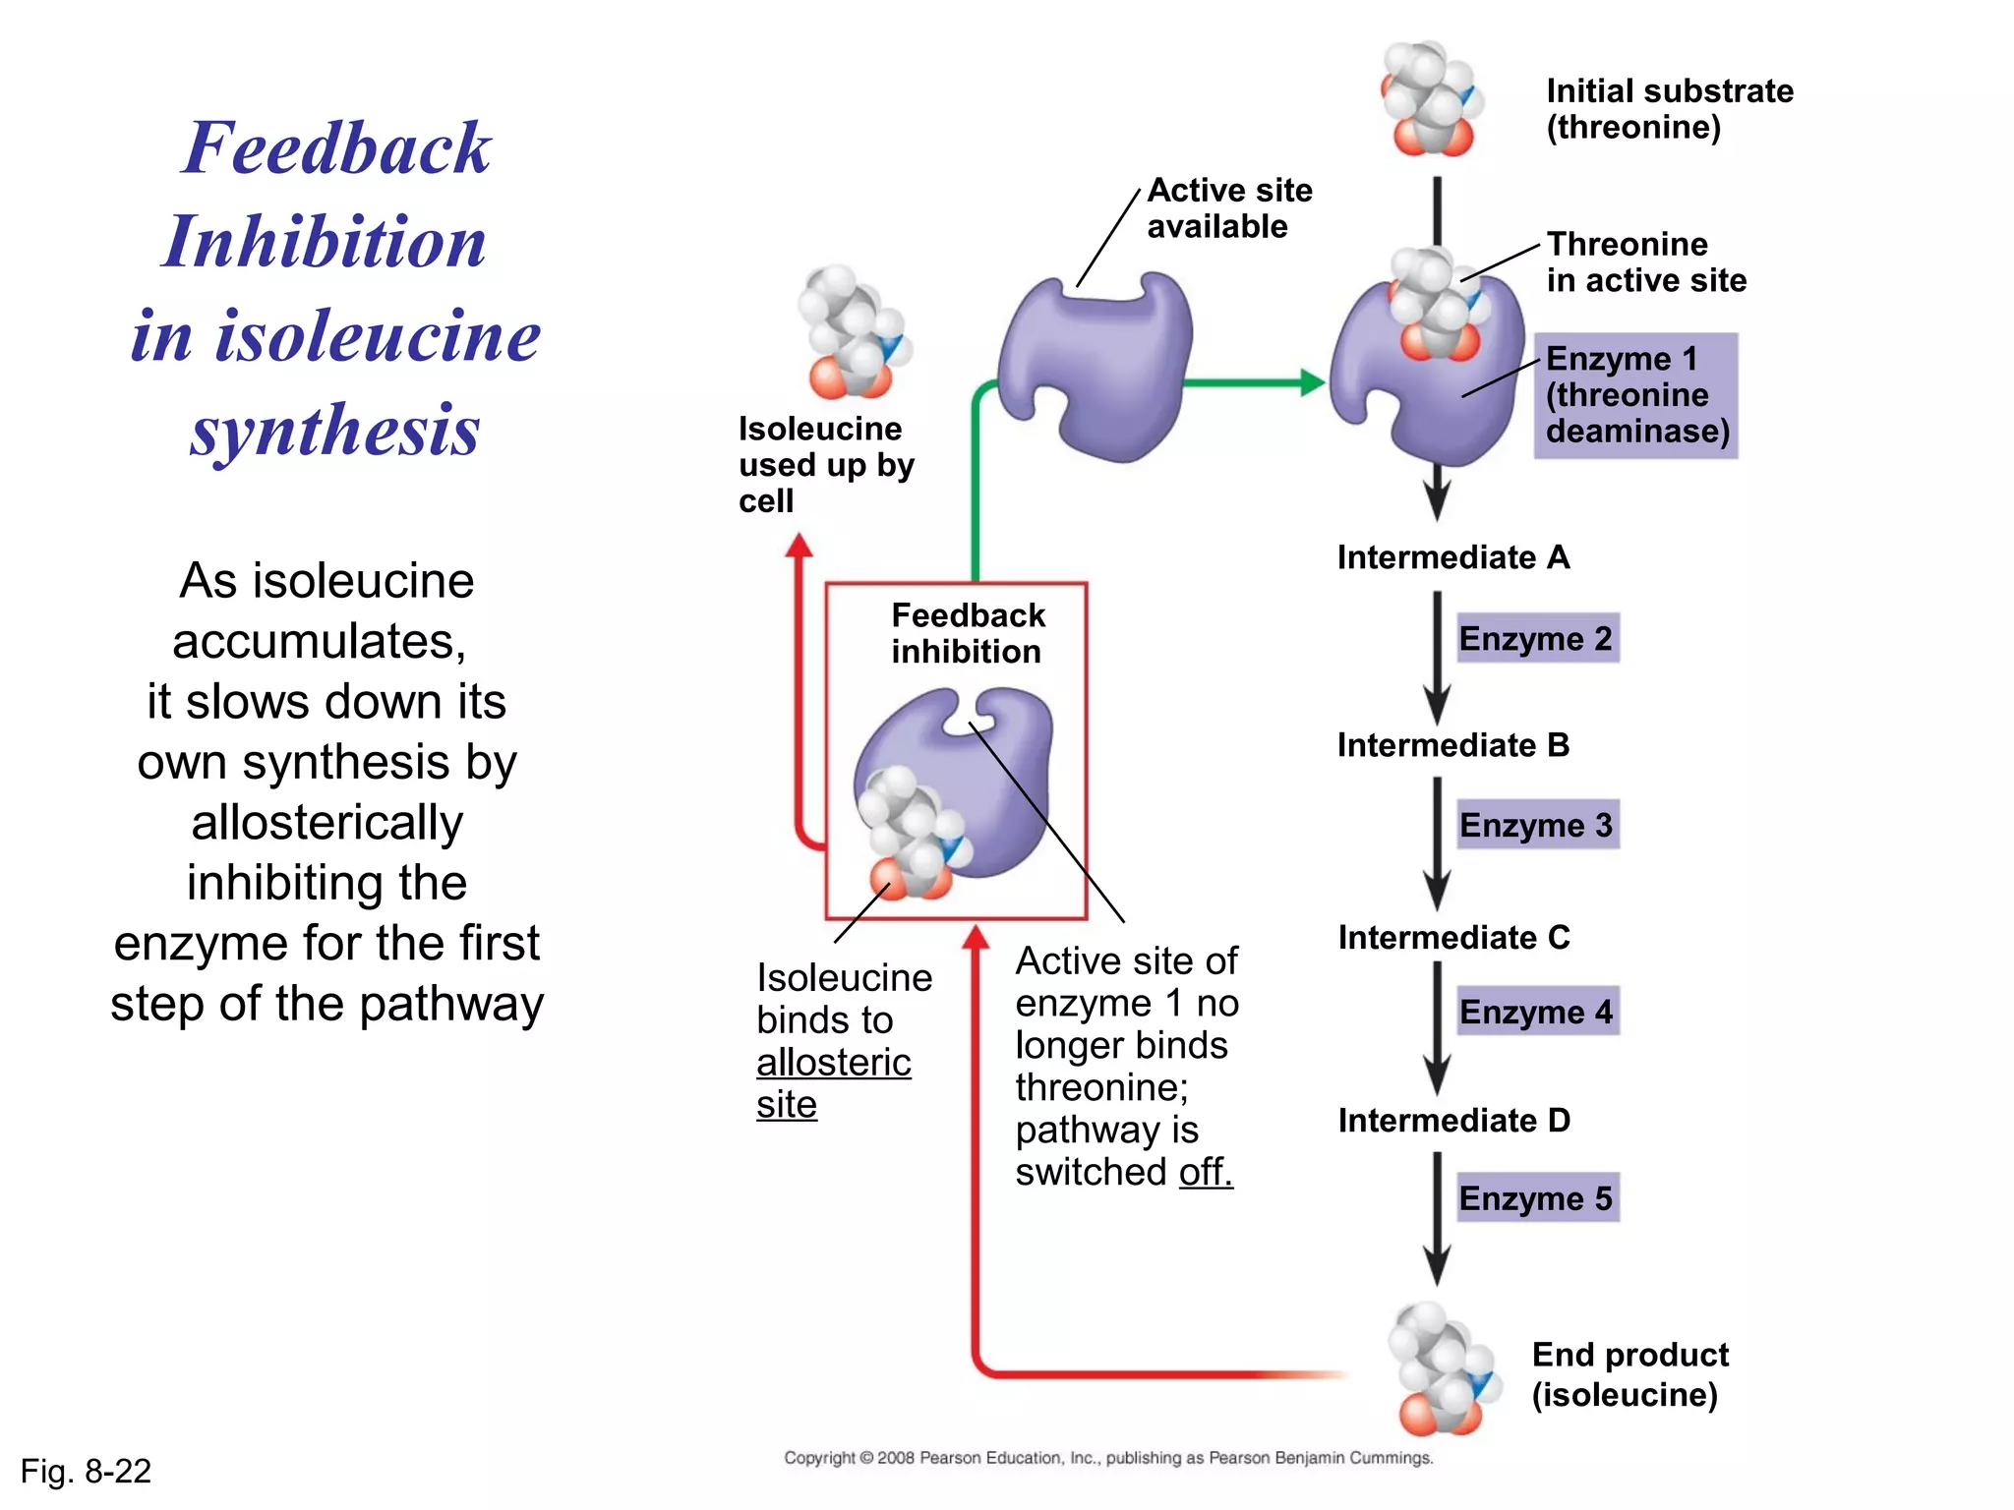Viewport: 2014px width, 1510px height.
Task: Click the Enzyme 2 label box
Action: pyautogui.click(x=1536, y=639)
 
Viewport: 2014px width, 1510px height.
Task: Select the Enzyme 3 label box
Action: pyautogui.click(x=1536, y=825)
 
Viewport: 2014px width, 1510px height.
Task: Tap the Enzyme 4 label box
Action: pyautogui.click(x=1536, y=1012)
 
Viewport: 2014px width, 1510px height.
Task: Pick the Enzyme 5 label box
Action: pyautogui.click(x=1536, y=1198)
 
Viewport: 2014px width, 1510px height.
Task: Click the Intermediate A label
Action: pyautogui.click(x=1452, y=557)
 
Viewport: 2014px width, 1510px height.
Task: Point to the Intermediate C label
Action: pyautogui.click(x=1453, y=938)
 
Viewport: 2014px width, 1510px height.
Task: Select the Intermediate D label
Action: pyautogui.click(x=1453, y=1121)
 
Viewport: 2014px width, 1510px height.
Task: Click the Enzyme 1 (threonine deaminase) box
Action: pyautogui.click(x=1636, y=395)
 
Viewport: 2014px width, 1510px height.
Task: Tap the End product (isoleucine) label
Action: pyautogui.click(x=1629, y=1374)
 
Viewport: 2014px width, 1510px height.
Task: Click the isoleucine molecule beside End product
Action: pyautogui.click(x=1442, y=1369)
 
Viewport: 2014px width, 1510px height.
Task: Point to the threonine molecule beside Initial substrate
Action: pyautogui.click(x=1431, y=99)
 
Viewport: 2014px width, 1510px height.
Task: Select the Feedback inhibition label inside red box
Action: pyautogui.click(x=968, y=633)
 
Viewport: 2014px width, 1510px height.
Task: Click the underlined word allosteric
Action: pyautogui.click(x=834, y=1063)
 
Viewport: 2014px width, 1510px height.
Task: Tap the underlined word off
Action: pyautogui.click(x=1205, y=1172)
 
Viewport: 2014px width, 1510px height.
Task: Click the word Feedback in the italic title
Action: pyautogui.click(x=336, y=148)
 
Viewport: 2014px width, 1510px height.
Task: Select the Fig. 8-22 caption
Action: pyautogui.click(x=87, y=1472)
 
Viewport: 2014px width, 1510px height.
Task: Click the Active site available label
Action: pyautogui.click(x=1228, y=208)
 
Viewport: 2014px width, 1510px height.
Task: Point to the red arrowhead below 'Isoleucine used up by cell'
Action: pyautogui.click(x=800, y=546)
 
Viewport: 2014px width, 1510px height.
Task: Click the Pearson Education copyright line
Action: pyautogui.click(x=1108, y=1458)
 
